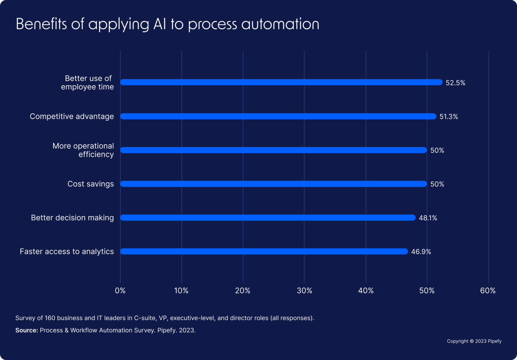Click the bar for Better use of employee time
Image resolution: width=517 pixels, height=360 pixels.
click(x=281, y=82)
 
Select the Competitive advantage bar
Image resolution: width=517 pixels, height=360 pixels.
click(x=278, y=116)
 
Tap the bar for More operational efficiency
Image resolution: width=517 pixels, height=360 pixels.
click(x=273, y=150)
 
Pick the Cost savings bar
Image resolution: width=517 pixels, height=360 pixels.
click(x=273, y=184)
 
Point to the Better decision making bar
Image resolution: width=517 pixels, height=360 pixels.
click(x=268, y=218)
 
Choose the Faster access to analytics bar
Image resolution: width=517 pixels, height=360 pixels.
click(x=264, y=252)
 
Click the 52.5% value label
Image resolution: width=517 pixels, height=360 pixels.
click(x=455, y=83)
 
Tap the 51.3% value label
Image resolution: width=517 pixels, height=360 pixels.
click(x=449, y=117)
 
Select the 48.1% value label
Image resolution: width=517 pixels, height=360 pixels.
click(x=428, y=218)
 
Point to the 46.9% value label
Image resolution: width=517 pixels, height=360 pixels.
click(x=421, y=252)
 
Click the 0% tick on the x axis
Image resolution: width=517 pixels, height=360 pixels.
click(x=120, y=291)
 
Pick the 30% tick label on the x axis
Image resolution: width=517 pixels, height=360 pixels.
click(x=304, y=291)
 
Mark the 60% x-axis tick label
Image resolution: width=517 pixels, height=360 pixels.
click(x=488, y=291)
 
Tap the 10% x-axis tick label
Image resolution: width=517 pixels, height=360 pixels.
click(x=181, y=291)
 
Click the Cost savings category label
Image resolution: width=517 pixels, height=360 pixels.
click(x=91, y=184)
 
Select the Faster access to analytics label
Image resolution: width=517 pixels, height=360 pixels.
click(x=67, y=252)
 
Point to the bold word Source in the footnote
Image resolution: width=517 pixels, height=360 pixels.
click(x=26, y=330)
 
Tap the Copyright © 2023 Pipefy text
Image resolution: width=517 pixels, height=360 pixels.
click(x=474, y=341)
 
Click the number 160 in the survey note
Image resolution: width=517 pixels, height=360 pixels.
click(x=50, y=318)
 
